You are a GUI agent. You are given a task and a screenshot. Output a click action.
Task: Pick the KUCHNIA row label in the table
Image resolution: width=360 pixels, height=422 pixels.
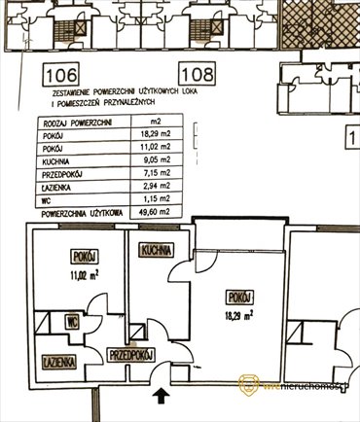pyautogui.click(x=54, y=160)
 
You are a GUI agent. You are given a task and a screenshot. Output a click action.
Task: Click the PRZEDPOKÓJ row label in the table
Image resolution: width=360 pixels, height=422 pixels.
pyautogui.click(x=60, y=173)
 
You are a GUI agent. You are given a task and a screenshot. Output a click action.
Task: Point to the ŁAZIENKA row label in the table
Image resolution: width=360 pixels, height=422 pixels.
pyautogui.click(x=56, y=186)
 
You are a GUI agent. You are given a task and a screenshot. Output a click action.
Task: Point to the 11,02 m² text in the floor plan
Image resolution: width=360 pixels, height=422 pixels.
pyautogui.click(x=85, y=275)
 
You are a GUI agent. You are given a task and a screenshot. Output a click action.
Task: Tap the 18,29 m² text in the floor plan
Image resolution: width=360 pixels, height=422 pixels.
pyautogui.click(x=236, y=314)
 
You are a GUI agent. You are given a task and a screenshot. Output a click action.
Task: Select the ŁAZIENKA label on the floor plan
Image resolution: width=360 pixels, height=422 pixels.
pyautogui.click(x=58, y=360)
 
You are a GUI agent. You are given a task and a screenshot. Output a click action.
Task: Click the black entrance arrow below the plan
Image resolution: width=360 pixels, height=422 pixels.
pyautogui.click(x=161, y=395)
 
